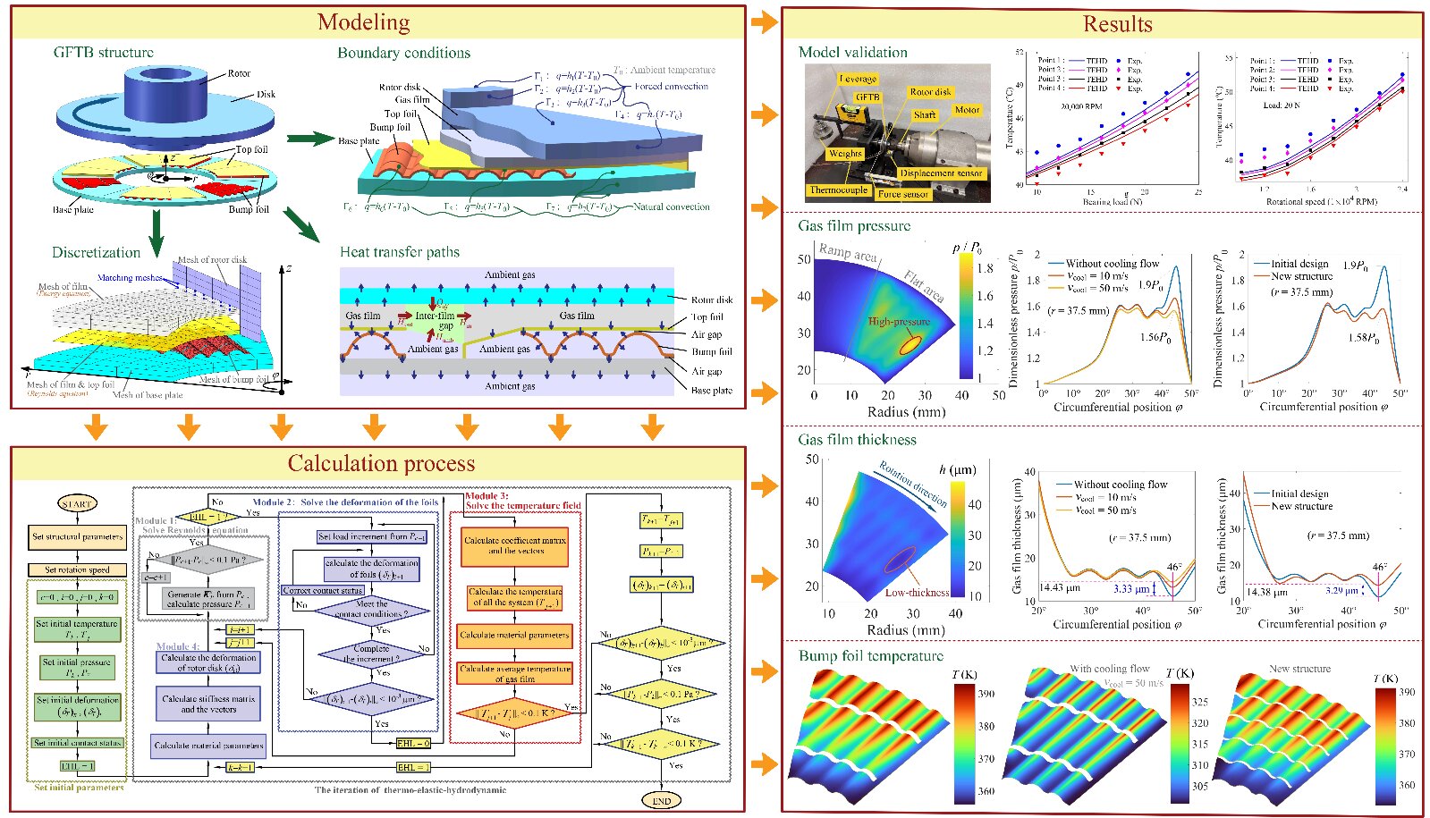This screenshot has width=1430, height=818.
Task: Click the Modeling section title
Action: (364, 22)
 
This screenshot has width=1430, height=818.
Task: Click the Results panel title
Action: (1117, 24)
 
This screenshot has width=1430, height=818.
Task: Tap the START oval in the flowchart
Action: (77, 504)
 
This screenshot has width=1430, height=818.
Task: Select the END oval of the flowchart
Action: (661, 800)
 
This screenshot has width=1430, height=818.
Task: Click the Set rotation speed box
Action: (78, 569)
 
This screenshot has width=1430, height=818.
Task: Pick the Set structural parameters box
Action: (78, 537)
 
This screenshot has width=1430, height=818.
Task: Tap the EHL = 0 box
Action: (413, 743)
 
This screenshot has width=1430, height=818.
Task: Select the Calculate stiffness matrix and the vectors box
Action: (207, 704)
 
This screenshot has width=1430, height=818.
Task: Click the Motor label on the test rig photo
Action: (967, 110)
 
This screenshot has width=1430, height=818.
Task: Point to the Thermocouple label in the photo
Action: (838, 190)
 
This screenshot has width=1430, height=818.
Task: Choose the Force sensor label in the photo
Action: (902, 193)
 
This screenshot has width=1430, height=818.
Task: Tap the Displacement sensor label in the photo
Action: (941, 173)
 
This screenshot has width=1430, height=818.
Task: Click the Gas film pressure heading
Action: (854, 226)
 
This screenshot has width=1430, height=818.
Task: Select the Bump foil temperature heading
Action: (870, 656)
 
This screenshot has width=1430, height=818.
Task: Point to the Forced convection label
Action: (671, 87)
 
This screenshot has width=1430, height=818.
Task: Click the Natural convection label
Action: (672, 207)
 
